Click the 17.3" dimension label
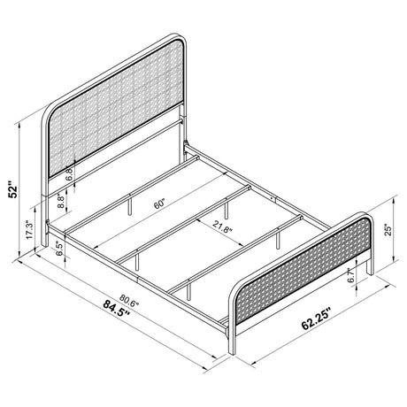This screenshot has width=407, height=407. point(30,230)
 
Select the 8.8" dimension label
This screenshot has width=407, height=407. point(59,203)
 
